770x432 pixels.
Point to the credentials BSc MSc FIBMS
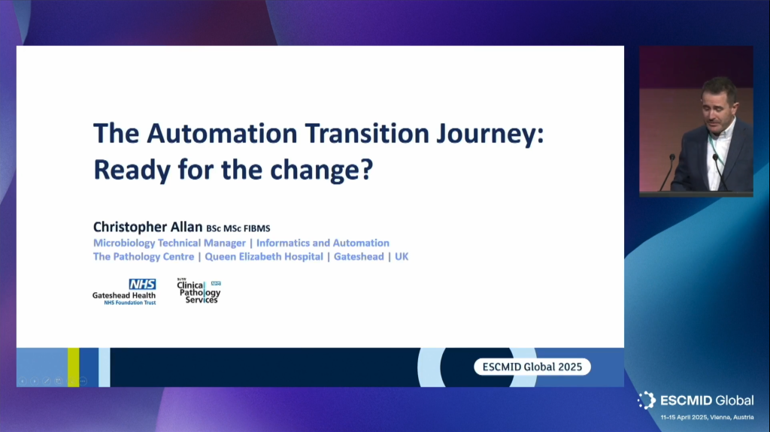[x=238, y=228]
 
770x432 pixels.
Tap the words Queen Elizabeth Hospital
[x=264, y=257]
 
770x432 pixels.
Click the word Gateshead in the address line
[x=359, y=257]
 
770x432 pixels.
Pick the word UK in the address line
[x=402, y=257]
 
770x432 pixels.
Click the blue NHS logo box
[x=142, y=284]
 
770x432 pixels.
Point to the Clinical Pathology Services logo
[x=199, y=291]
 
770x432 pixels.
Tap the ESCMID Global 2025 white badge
[x=532, y=367]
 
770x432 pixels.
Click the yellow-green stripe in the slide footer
[x=73, y=367]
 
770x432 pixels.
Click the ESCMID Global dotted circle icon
[x=647, y=400]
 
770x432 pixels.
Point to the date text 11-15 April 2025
[x=684, y=417]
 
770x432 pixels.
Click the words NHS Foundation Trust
[x=129, y=303]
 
